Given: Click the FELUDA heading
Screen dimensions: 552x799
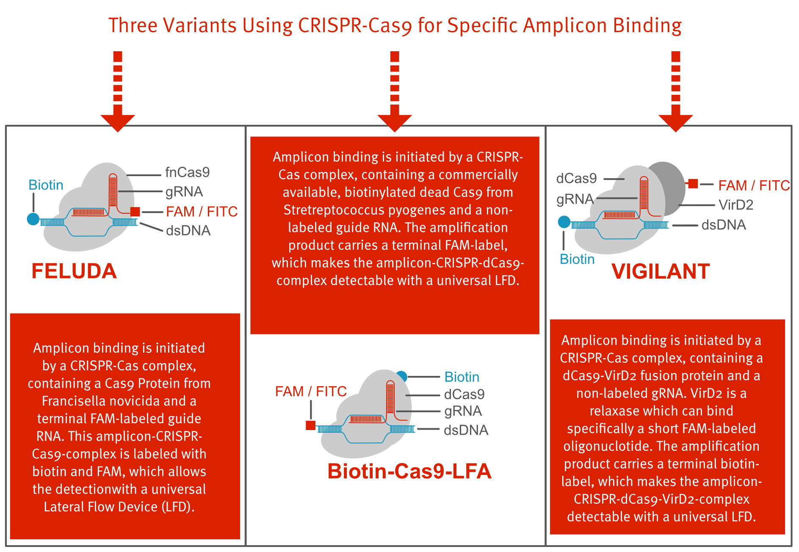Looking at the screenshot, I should coord(74,271).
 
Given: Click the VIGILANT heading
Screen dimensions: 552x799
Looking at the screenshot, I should coord(660,271).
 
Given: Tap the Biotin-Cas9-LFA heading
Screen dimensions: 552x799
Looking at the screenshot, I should coord(409,471).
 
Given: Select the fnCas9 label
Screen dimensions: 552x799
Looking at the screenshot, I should coord(187,172).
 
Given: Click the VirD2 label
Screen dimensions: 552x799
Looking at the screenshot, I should coord(736,205).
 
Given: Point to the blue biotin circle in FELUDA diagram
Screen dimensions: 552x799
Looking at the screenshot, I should coord(33,219).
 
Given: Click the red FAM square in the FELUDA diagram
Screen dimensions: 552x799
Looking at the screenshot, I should coord(135,212).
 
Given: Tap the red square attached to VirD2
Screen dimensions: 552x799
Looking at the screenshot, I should coord(693,184).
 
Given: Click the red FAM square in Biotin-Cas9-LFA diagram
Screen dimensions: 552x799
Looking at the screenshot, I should coord(310,425).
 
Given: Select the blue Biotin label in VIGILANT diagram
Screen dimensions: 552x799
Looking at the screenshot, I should coord(577,259).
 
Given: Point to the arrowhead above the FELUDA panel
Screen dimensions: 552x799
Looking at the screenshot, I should coord(118,123).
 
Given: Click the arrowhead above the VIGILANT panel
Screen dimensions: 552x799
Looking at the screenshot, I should coord(675,123).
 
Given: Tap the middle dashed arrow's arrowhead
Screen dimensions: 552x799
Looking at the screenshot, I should coord(395,123).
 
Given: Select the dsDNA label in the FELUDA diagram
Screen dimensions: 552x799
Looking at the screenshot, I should coord(188,231).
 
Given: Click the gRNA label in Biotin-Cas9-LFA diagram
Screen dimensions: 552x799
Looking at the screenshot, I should coord(463,411).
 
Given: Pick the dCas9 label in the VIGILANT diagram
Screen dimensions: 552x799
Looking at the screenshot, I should coord(576,179).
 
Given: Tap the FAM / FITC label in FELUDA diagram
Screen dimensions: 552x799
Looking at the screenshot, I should coord(202,212).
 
